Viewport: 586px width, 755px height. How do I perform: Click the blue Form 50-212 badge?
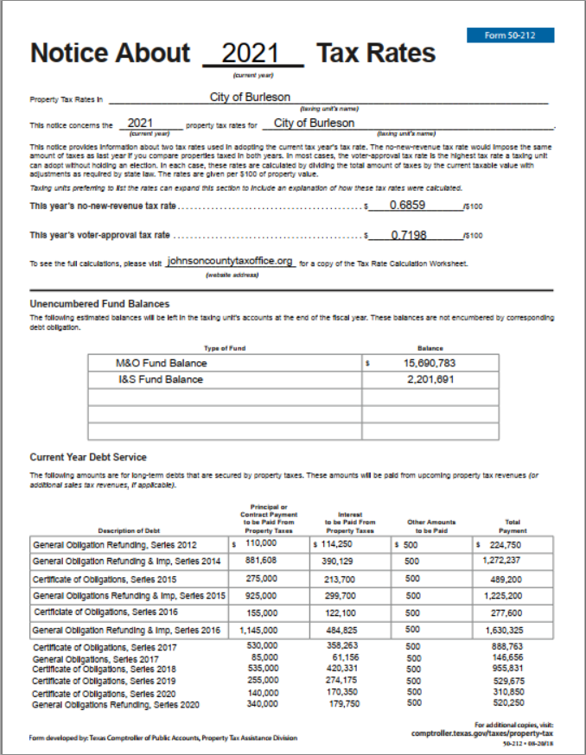coord(510,35)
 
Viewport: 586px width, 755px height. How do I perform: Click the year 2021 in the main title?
coord(252,54)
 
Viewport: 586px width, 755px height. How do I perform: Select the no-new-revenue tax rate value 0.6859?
coord(407,206)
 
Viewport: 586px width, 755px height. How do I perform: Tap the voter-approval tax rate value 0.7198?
coord(409,235)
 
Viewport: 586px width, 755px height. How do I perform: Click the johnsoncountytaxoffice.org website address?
coord(231,261)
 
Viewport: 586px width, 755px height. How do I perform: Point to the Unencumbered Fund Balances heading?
coord(99,304)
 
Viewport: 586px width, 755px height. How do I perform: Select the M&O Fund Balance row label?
coord(162,364)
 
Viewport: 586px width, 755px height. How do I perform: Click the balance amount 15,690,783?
coord(430,364)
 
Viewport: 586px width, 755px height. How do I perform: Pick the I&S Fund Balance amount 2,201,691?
coord(430,379)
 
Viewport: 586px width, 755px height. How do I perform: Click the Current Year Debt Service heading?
coord(88,457)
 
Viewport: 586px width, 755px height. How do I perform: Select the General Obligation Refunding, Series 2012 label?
coord(115,545)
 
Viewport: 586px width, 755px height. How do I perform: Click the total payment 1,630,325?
coord(508,631)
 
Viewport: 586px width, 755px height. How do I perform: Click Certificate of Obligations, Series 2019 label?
coord(105,681)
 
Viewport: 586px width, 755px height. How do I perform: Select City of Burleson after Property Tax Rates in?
coord(250,98)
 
